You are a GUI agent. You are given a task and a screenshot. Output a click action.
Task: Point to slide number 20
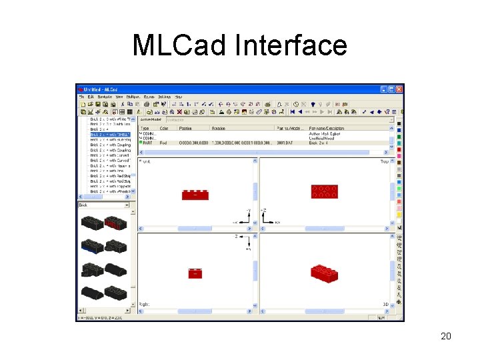point(446,336)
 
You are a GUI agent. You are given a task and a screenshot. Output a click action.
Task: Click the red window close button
point(399,89)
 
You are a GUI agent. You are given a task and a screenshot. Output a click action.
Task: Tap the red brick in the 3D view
point(324,273)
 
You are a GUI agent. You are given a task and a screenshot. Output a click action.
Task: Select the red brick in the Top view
point(324,192)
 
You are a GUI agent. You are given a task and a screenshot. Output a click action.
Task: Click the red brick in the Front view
point(195,195)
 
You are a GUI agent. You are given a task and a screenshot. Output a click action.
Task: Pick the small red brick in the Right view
point(195,273)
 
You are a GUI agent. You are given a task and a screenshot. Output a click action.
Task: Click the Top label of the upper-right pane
point(384,161)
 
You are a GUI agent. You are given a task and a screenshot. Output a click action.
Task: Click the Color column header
point(164,128)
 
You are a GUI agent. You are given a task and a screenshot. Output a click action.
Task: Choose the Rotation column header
point(219,128)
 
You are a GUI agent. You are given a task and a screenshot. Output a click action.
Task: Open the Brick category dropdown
point(133,205)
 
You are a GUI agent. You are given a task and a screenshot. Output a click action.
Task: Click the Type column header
point(145,128)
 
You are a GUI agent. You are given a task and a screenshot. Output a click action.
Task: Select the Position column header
point(186,128)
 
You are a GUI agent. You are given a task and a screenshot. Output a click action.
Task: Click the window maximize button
point(391,89)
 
